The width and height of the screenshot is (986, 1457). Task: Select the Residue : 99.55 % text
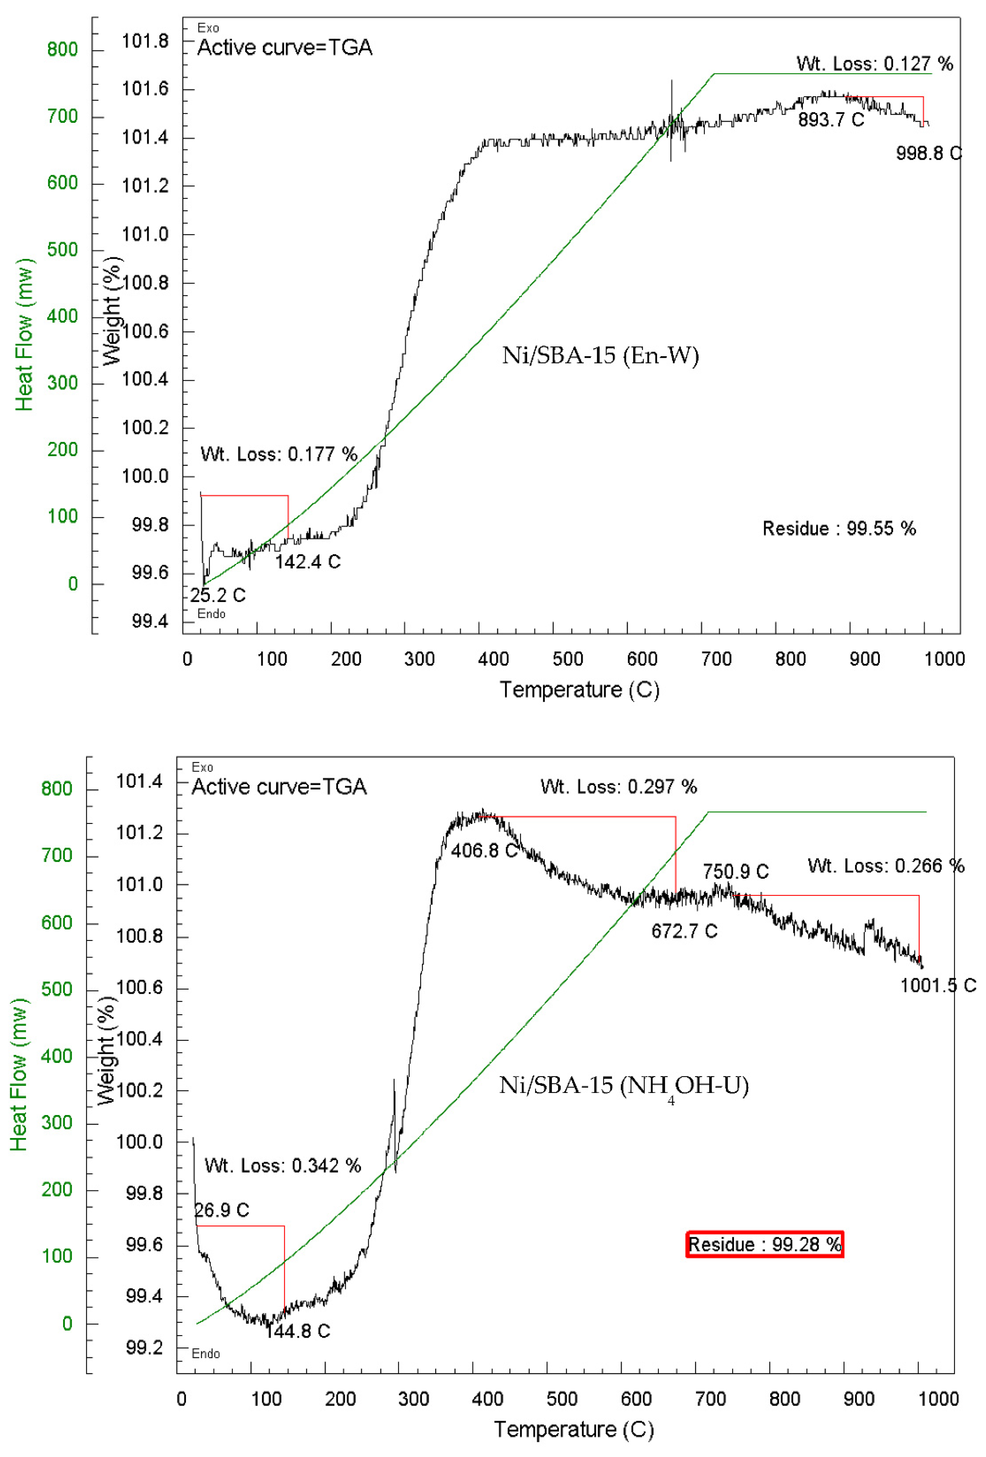click(x=839, y=529)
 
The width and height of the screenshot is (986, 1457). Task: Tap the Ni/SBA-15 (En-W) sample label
click(x=600, y=356)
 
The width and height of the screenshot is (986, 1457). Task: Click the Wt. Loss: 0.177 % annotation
click(x=279, y=454)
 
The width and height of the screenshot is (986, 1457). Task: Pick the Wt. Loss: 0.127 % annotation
click(x=875, y=63)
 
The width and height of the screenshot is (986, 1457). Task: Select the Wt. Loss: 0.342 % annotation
click(x=283, y=1166)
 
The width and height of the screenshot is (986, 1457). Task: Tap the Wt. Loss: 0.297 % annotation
click(x=619, y=786)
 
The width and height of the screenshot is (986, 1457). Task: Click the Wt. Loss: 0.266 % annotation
click(x=886, y=866)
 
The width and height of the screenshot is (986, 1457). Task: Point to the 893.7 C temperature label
click(x=830, y=120)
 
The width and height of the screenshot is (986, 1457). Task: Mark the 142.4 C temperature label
click(x=308, y=562)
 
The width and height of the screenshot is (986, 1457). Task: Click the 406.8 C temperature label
click(x=484, y=851)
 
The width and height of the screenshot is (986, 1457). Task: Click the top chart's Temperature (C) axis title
click(x=579, y=690)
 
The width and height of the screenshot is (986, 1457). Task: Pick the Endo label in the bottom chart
click(x=206, y=1354)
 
